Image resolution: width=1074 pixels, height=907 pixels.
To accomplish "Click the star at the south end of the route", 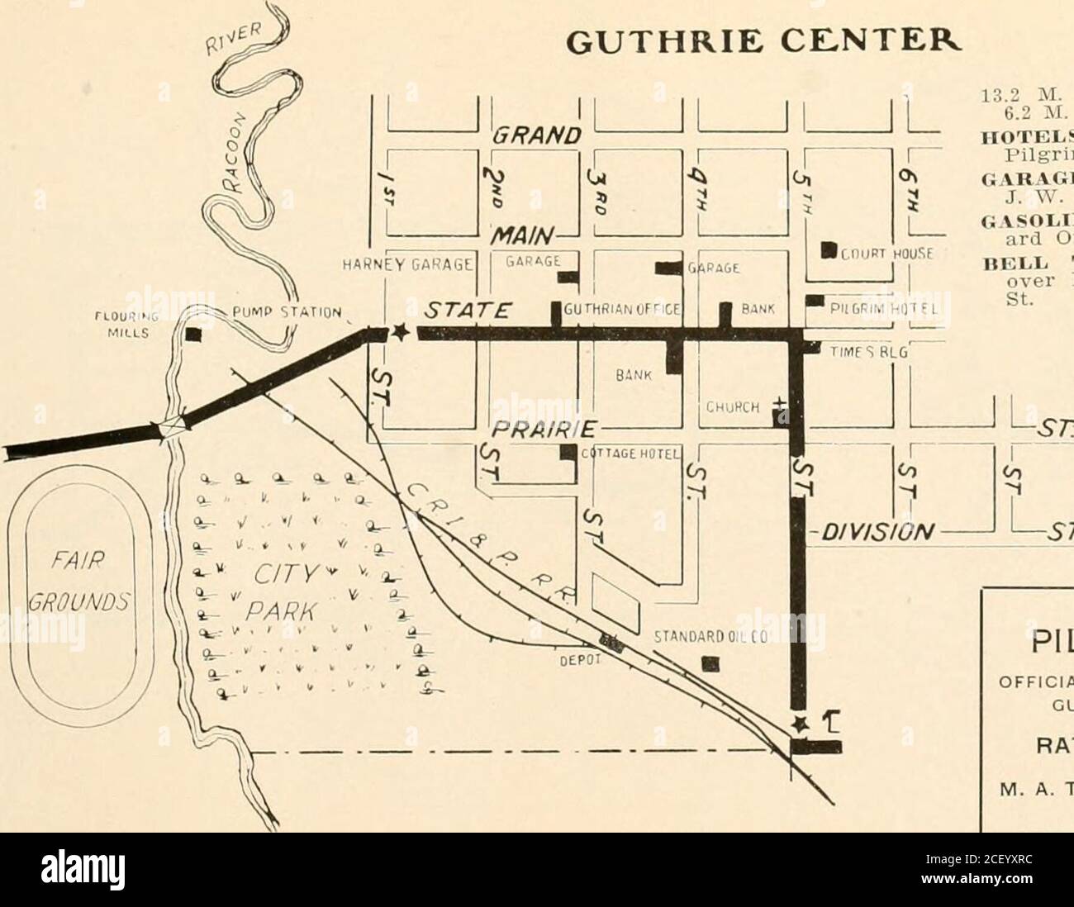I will pos(799,724).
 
